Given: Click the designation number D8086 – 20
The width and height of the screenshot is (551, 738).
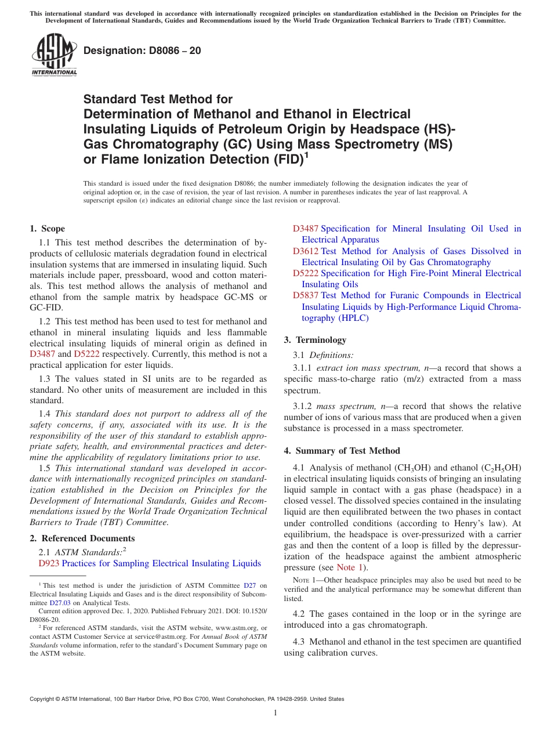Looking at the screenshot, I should (142, 50).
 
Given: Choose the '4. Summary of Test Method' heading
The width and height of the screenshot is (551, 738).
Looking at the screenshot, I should (342, 451).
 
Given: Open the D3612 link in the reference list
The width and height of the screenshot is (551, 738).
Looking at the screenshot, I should (306, 251).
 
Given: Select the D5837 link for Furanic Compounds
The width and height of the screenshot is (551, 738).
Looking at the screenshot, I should (306, 295).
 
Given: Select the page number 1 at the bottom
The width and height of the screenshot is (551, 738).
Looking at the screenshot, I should (275, 712).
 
